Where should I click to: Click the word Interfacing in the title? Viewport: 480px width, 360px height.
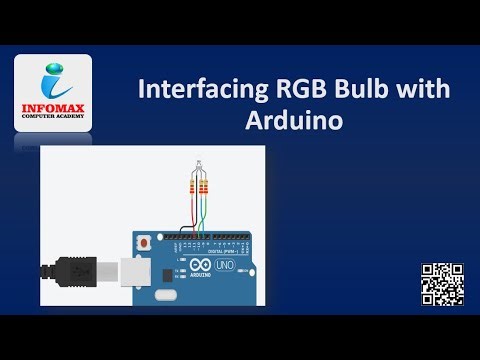(x=194, y=91)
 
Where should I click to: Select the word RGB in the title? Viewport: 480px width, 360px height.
(x=292, y=91)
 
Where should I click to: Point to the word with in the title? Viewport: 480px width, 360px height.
(x=426, y=91)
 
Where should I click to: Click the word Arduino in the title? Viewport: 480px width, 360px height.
(x=293, y=122)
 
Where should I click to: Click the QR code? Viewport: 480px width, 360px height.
(x=440, y=283)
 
